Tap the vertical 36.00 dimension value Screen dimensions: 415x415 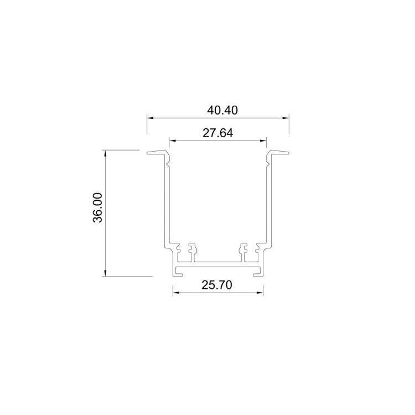(97, 207)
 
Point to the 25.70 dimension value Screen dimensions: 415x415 (217, 285)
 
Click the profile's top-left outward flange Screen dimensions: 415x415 (157, 153)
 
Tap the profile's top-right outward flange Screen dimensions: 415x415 (278, 153)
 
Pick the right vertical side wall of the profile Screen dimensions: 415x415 (268, 205)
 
